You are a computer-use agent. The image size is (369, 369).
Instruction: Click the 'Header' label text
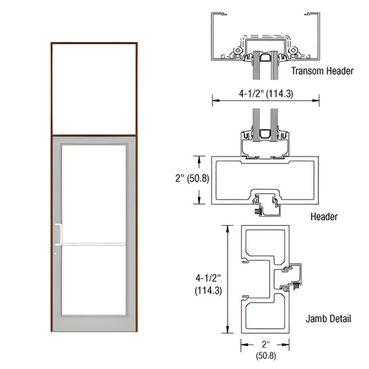click(324, 217)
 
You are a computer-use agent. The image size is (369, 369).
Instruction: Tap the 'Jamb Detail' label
click(329, 319)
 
